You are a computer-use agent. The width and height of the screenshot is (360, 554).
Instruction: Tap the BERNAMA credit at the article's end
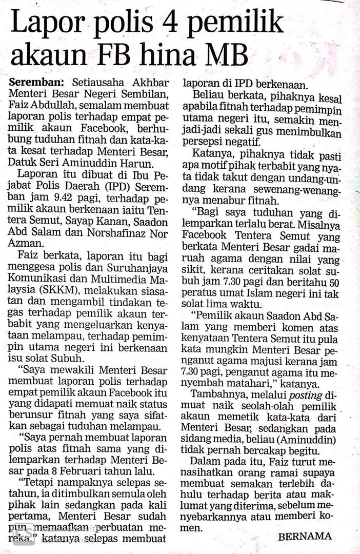(x=305, y=537)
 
